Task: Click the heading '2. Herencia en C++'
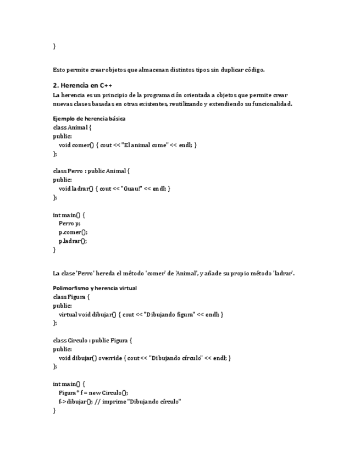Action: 82,86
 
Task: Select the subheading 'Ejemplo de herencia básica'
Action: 89,118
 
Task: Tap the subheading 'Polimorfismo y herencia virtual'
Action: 95,288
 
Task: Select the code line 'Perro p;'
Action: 69,223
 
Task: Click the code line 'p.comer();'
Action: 73,232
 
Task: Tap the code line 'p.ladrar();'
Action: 73,241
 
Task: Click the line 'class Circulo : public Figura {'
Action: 94,341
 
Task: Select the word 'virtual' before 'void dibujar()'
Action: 68,314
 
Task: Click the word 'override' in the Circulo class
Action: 110,358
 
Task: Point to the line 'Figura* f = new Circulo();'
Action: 93,393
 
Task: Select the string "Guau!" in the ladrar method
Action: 129,188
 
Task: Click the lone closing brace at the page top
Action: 54,46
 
